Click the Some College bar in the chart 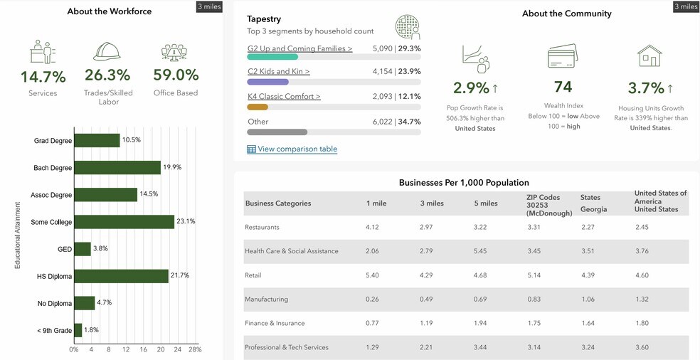(124, 222)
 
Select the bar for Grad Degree (97, 141)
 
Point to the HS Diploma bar (121, 276)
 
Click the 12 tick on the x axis (126, 350)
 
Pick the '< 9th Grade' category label (53, 330)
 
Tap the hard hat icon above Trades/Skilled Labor (107, 51)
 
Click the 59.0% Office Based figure (176, 75)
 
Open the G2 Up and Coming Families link (299, 49)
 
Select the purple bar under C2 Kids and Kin (267, 82)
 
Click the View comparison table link (297, 149)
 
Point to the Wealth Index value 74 (563, 87)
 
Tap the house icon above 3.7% (649, 55)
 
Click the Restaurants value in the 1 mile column (373, 227)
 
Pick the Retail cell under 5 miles (482, 275)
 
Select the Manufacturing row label (266, 300)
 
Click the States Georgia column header (594, 203)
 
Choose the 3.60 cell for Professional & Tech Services (643, 347)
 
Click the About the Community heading (566, 14)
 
